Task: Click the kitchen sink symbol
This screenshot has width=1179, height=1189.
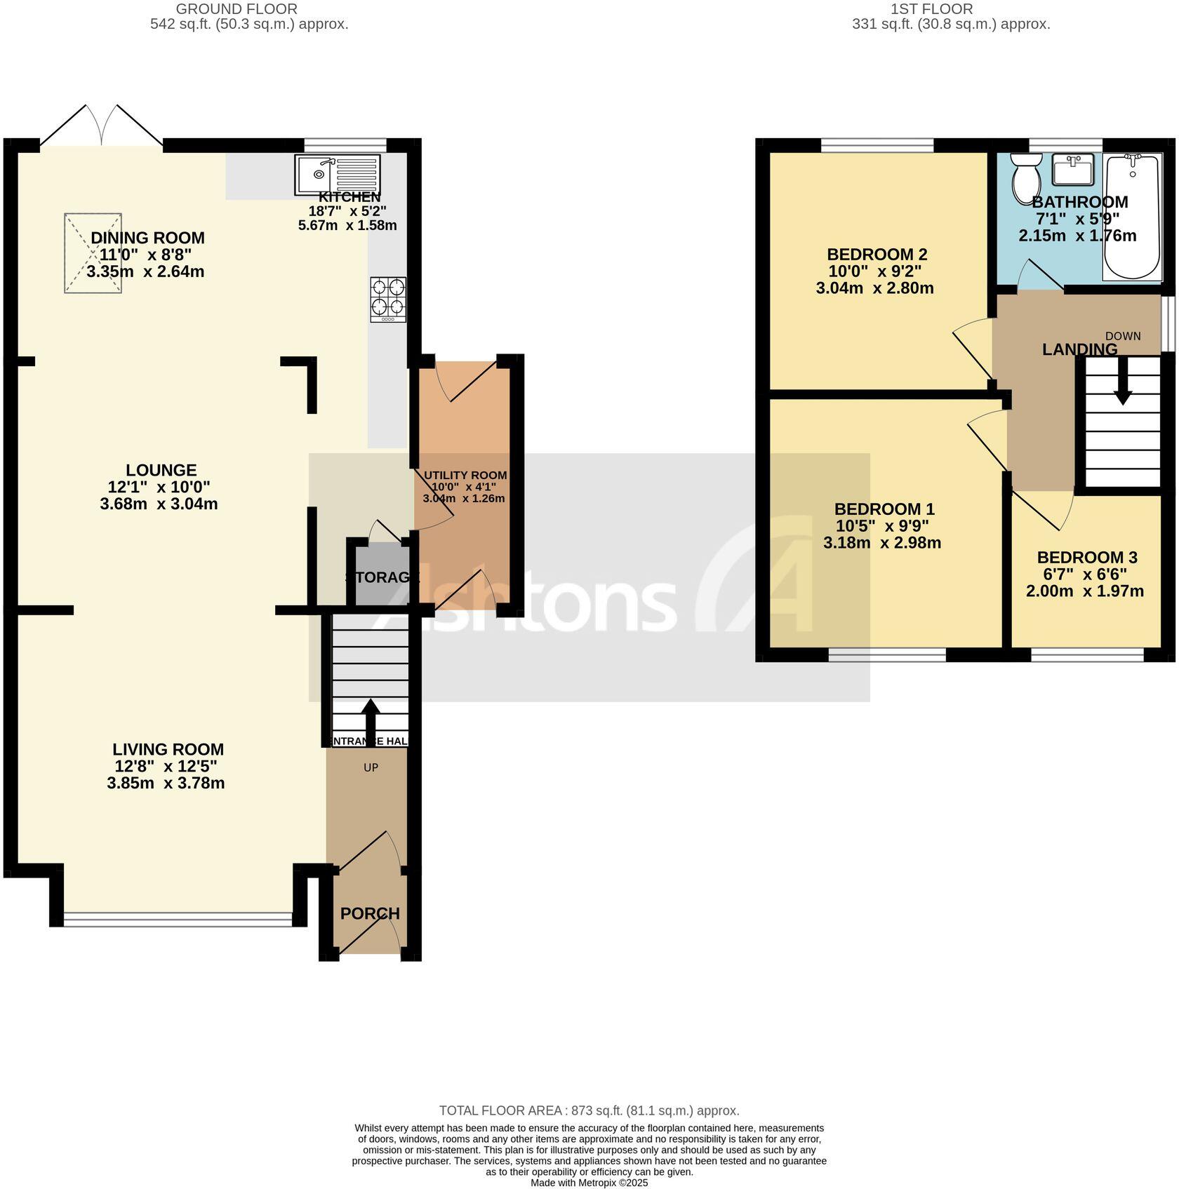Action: tap(338, 173)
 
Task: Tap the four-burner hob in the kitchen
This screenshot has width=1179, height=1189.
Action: tap(388, 300)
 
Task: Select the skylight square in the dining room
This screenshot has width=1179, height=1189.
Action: tap(93, 253)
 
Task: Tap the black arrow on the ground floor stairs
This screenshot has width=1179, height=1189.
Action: tap(370, 716)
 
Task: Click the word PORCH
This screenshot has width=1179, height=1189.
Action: tap(370, 913)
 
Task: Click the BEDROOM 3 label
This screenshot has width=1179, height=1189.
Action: tap(1086, 557)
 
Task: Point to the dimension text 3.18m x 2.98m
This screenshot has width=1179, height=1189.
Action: tap(881, 542)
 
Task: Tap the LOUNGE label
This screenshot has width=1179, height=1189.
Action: tap(161, 470)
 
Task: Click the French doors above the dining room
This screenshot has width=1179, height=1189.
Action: tap(102, 126)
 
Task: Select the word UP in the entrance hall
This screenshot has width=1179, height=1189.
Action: tap(371, 767)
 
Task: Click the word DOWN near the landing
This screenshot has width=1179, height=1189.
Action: tap(1123, 336)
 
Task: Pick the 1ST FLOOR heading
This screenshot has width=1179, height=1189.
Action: tap(931, 9)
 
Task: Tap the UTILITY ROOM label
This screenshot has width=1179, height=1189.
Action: tap(465, 475)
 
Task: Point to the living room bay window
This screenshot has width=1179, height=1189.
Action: tap(178, 915)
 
